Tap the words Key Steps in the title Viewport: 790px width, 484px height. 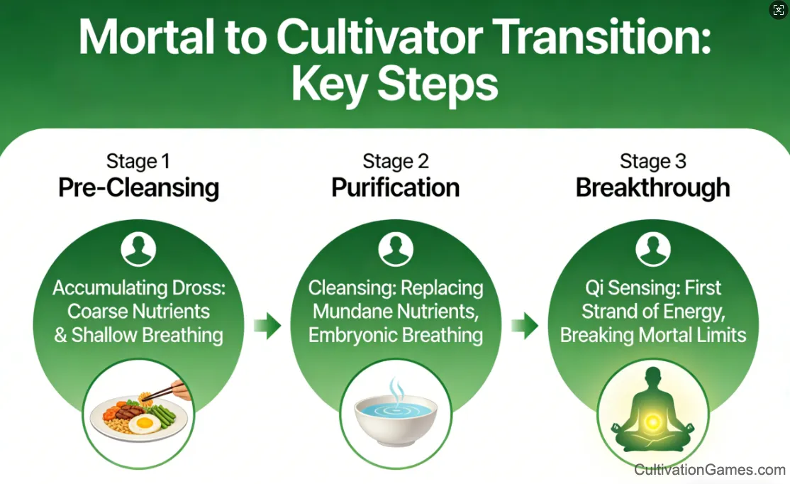tap(394, 84)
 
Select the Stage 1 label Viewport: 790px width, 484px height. tap(138, 161)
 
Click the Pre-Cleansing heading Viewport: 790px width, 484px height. tap(138, 187)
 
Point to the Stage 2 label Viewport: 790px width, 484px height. tap(396, 161)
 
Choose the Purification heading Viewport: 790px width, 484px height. tap(396, 187)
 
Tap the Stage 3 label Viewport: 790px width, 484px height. tap(653, 161)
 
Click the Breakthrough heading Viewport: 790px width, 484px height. tap(653, 187)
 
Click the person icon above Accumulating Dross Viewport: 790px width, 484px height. tap(138, 249)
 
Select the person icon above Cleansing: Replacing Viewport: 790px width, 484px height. tap(396, 249)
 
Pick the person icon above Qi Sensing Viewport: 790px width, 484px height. tap(653, 249)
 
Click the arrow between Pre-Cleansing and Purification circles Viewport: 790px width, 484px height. tap(267, 326)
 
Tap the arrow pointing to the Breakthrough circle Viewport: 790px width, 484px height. tap(525, 326)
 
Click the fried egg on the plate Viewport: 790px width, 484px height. tap(145, 424)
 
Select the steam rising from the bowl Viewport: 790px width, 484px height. tap(396, 389)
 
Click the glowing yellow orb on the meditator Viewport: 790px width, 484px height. tap(652, 422)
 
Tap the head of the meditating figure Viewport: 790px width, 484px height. tap(653, 377)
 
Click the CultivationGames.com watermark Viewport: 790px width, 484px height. tap(709, 469)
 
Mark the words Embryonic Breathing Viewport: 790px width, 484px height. tap(396, 335)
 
